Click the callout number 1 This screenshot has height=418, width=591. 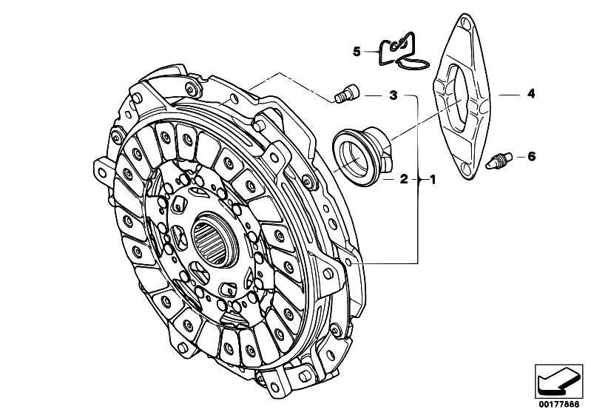click(x=432, y=180)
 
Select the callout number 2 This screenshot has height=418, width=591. click(x=404, y=179)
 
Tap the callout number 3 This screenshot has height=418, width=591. click(x=393, y=95)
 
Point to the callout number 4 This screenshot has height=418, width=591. click(x=531, y=93)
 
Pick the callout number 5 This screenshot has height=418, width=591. click(x=357, y=51)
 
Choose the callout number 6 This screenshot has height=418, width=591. click(x=531, y=156)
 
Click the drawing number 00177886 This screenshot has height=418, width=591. click(x=559, y=405)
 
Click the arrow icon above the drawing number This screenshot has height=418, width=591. click(x=558, y=382)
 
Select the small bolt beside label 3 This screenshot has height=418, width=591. click(x=347, y=92)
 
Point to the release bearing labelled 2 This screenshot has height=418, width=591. click(x=362, y=156)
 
